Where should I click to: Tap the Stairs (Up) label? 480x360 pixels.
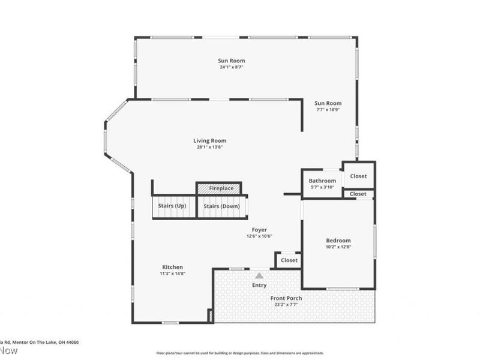click(x=172, y=206)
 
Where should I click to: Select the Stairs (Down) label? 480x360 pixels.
click(x=221, y=206)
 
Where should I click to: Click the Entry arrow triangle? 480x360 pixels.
click(x=259, y=275)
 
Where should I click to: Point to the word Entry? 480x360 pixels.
click(x=259, y=285)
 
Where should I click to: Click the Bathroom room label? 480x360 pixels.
click(x=322, y=181)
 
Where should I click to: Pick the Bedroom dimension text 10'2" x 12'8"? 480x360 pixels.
click(x=338, y=247)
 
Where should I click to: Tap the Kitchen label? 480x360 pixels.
click(x=172, y=267)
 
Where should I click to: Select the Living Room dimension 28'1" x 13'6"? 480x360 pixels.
click(x=209, y=147)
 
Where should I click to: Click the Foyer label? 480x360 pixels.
click(x=259, y=230)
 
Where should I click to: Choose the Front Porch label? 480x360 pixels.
click(x=286, y=298)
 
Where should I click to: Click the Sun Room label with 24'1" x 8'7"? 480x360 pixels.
click(x=231, y=61)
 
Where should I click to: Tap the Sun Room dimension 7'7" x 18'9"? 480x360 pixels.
click(x=328, y=110)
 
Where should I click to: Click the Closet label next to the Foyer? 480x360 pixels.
click(x=289, y=260)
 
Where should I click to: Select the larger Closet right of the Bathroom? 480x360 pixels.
click(x=359, y=176)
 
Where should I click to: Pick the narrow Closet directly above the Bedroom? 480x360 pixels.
click(x=358, y=194)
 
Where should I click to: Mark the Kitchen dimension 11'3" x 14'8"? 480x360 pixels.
click(x=172, y=274)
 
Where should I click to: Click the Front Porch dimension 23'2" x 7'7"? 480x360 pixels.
click(x=286, y=305)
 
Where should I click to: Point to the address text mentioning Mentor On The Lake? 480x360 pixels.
click(x=39, y=342)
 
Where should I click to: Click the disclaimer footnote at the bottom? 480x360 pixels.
click(x=240, y=353)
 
